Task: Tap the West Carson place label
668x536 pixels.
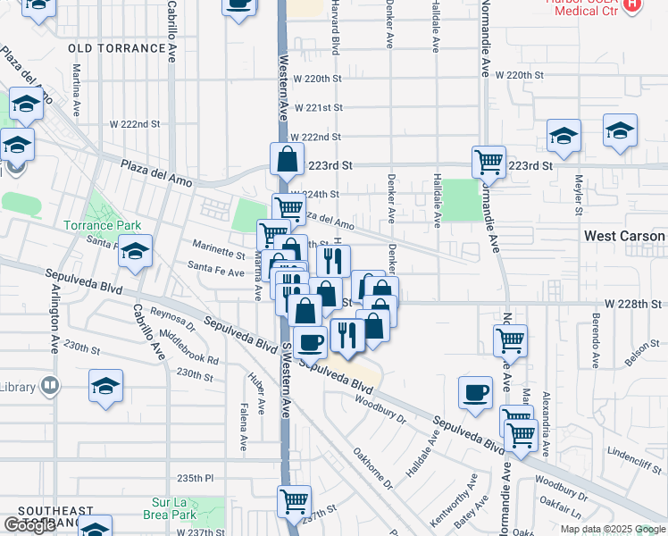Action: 623,236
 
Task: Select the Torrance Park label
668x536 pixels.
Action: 96,226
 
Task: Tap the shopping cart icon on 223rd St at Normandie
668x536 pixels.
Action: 488,163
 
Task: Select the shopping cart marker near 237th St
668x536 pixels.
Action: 294,501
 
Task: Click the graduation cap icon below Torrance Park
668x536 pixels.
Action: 136,252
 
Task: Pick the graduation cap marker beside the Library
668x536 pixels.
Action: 105,387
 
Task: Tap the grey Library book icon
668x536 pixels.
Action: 51,386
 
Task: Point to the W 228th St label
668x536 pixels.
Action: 633,304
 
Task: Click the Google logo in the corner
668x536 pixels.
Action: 29,525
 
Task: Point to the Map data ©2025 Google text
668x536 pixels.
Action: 613,529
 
